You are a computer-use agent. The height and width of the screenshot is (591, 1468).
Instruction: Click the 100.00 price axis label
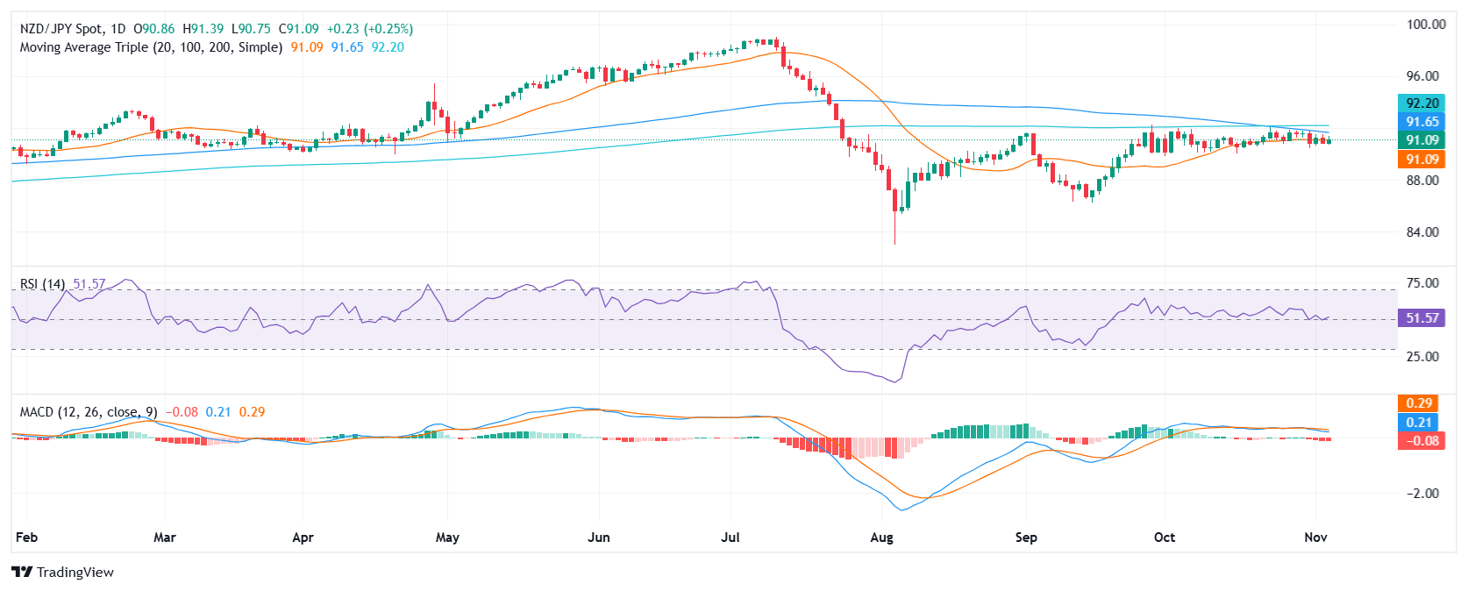click(1422, 25)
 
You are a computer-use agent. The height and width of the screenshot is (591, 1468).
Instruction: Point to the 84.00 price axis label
click(1422, 232)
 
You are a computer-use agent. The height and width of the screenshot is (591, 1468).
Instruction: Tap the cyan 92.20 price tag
click(1422, 103)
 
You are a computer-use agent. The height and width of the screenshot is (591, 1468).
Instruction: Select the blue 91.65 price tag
click(1422, 121)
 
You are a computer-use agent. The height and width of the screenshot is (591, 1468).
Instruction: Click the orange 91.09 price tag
click(1422, 160)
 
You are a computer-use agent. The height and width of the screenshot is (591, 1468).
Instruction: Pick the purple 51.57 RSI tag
click(1422, 317)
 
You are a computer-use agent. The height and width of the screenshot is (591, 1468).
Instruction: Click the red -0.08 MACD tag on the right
click(1422, 441)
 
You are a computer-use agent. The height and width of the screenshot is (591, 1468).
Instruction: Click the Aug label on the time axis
click(881, 538)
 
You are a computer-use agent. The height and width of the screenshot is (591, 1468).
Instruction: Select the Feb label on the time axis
click(27, 538)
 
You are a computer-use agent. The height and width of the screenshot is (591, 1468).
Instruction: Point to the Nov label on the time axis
click(1315, 538)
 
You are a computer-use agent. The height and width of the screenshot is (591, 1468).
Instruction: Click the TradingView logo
click(63, 572)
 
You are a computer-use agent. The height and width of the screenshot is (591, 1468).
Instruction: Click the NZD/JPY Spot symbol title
click(62, 29)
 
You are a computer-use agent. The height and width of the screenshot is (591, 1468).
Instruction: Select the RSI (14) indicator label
click(43, 284)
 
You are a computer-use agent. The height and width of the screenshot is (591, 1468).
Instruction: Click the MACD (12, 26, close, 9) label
click(89, 412)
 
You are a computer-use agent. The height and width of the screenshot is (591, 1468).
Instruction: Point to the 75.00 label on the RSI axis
click(1422, 283)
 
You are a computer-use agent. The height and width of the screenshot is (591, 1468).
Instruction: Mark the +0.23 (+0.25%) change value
click(369, 29)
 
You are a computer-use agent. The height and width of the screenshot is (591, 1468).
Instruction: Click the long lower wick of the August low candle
click(894, 228)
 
